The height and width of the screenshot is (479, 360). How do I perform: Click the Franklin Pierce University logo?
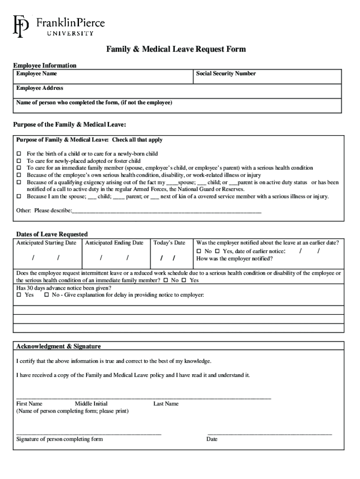tap(59, 26)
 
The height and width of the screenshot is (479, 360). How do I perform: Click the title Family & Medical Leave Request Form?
tap(176, 50)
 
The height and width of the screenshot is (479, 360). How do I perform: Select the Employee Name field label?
tap(37, 74)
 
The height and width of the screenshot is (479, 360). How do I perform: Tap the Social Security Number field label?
tap(226, 74)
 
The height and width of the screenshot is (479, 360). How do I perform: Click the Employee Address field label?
tap(40, 88)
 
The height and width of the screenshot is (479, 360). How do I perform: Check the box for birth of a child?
tap(19, 154)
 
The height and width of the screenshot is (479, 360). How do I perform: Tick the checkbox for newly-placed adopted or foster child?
tap(19, 161)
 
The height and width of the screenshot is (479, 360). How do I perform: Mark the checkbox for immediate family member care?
tap(19, 168)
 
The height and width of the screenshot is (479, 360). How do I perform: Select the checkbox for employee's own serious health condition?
tap(19, 175)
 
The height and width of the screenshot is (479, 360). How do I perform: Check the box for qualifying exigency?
tap(19, 182)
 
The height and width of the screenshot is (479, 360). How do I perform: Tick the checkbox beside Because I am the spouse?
tap(19, 196)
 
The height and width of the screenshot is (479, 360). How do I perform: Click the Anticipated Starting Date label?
tap(46, 243)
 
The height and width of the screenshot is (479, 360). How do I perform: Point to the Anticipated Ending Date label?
tap(114, 243)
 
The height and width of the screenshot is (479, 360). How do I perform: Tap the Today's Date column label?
tap(169, 243)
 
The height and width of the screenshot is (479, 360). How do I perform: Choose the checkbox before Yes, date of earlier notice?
tap(217, 252)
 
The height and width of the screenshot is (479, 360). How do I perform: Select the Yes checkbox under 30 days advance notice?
tap(19, 295)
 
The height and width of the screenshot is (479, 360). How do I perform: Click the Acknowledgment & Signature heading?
tap(58, 347)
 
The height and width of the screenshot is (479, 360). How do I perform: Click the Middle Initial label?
tap(91, 404)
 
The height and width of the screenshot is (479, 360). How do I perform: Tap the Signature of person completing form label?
tap(59, 439)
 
